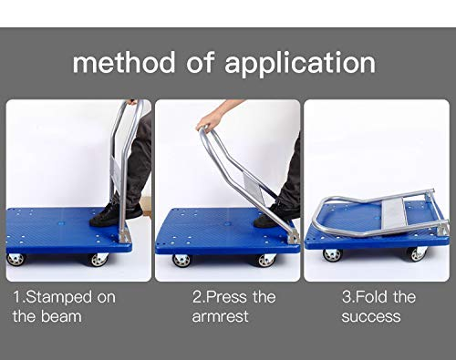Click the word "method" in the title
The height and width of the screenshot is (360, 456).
[x=124, y=62]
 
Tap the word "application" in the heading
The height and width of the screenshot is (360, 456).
[x=300, y=65]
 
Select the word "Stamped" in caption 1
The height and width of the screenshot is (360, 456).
[x=58, y=298]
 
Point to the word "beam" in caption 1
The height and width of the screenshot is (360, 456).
[x=61, y=316]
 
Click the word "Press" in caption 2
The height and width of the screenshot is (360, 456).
[x=223, y=297]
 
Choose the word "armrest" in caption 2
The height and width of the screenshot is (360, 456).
[x=220, y=316]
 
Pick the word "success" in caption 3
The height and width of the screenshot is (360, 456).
[x=371, y=316]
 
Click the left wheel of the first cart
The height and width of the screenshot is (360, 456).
[x=16, y=259]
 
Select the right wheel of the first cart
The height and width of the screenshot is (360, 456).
[x=99, y=260]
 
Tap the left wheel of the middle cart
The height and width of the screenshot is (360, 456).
[x=181, y=261]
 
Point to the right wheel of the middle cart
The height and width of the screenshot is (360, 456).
[x=267, y=261]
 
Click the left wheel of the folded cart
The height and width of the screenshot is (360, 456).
[x=332, y=255]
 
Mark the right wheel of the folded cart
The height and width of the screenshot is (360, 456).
[x=418, y=254]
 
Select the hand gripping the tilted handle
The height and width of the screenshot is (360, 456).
[x=210, y=120]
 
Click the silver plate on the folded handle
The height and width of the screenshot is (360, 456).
[x=394, y=214]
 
